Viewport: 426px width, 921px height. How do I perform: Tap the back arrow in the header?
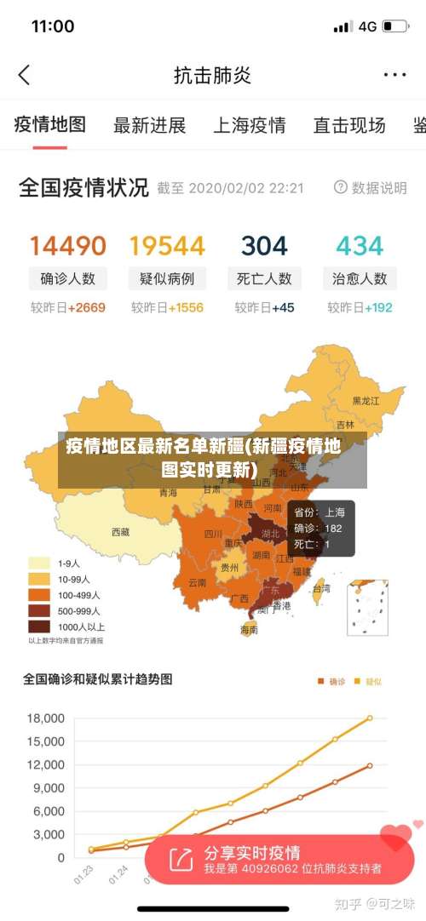coord(24,75)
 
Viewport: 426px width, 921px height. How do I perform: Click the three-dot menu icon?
coord(394,75)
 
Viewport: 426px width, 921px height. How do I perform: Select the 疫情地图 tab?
coord(50,125)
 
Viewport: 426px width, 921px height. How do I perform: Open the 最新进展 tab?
coord(150,126)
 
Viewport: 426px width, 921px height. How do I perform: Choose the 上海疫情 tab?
coord(249,126)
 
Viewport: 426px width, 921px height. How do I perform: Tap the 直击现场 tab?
coord(349,126)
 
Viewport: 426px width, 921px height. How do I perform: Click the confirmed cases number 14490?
coord(68,246)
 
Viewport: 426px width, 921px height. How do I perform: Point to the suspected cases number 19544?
coord(167,246)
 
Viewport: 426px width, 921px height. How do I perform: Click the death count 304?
coord(264,246)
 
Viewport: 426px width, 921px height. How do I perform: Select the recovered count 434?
coord(360,246)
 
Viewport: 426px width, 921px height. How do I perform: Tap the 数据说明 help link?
coord(371,187)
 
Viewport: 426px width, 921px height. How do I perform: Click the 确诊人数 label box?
coord(68,278)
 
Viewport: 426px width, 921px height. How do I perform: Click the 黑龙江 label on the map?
coord(366,400)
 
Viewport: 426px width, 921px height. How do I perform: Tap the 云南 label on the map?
coord(197,583)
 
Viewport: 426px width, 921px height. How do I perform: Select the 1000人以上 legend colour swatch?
coord(39,626)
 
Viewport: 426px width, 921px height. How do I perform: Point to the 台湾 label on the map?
coord(321,588)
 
